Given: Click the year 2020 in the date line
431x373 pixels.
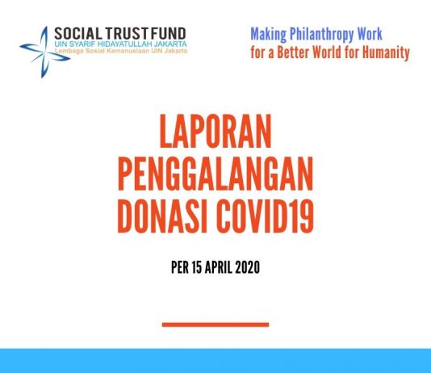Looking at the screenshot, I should point(247,266).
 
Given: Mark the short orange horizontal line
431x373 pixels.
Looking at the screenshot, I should point(215,325).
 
